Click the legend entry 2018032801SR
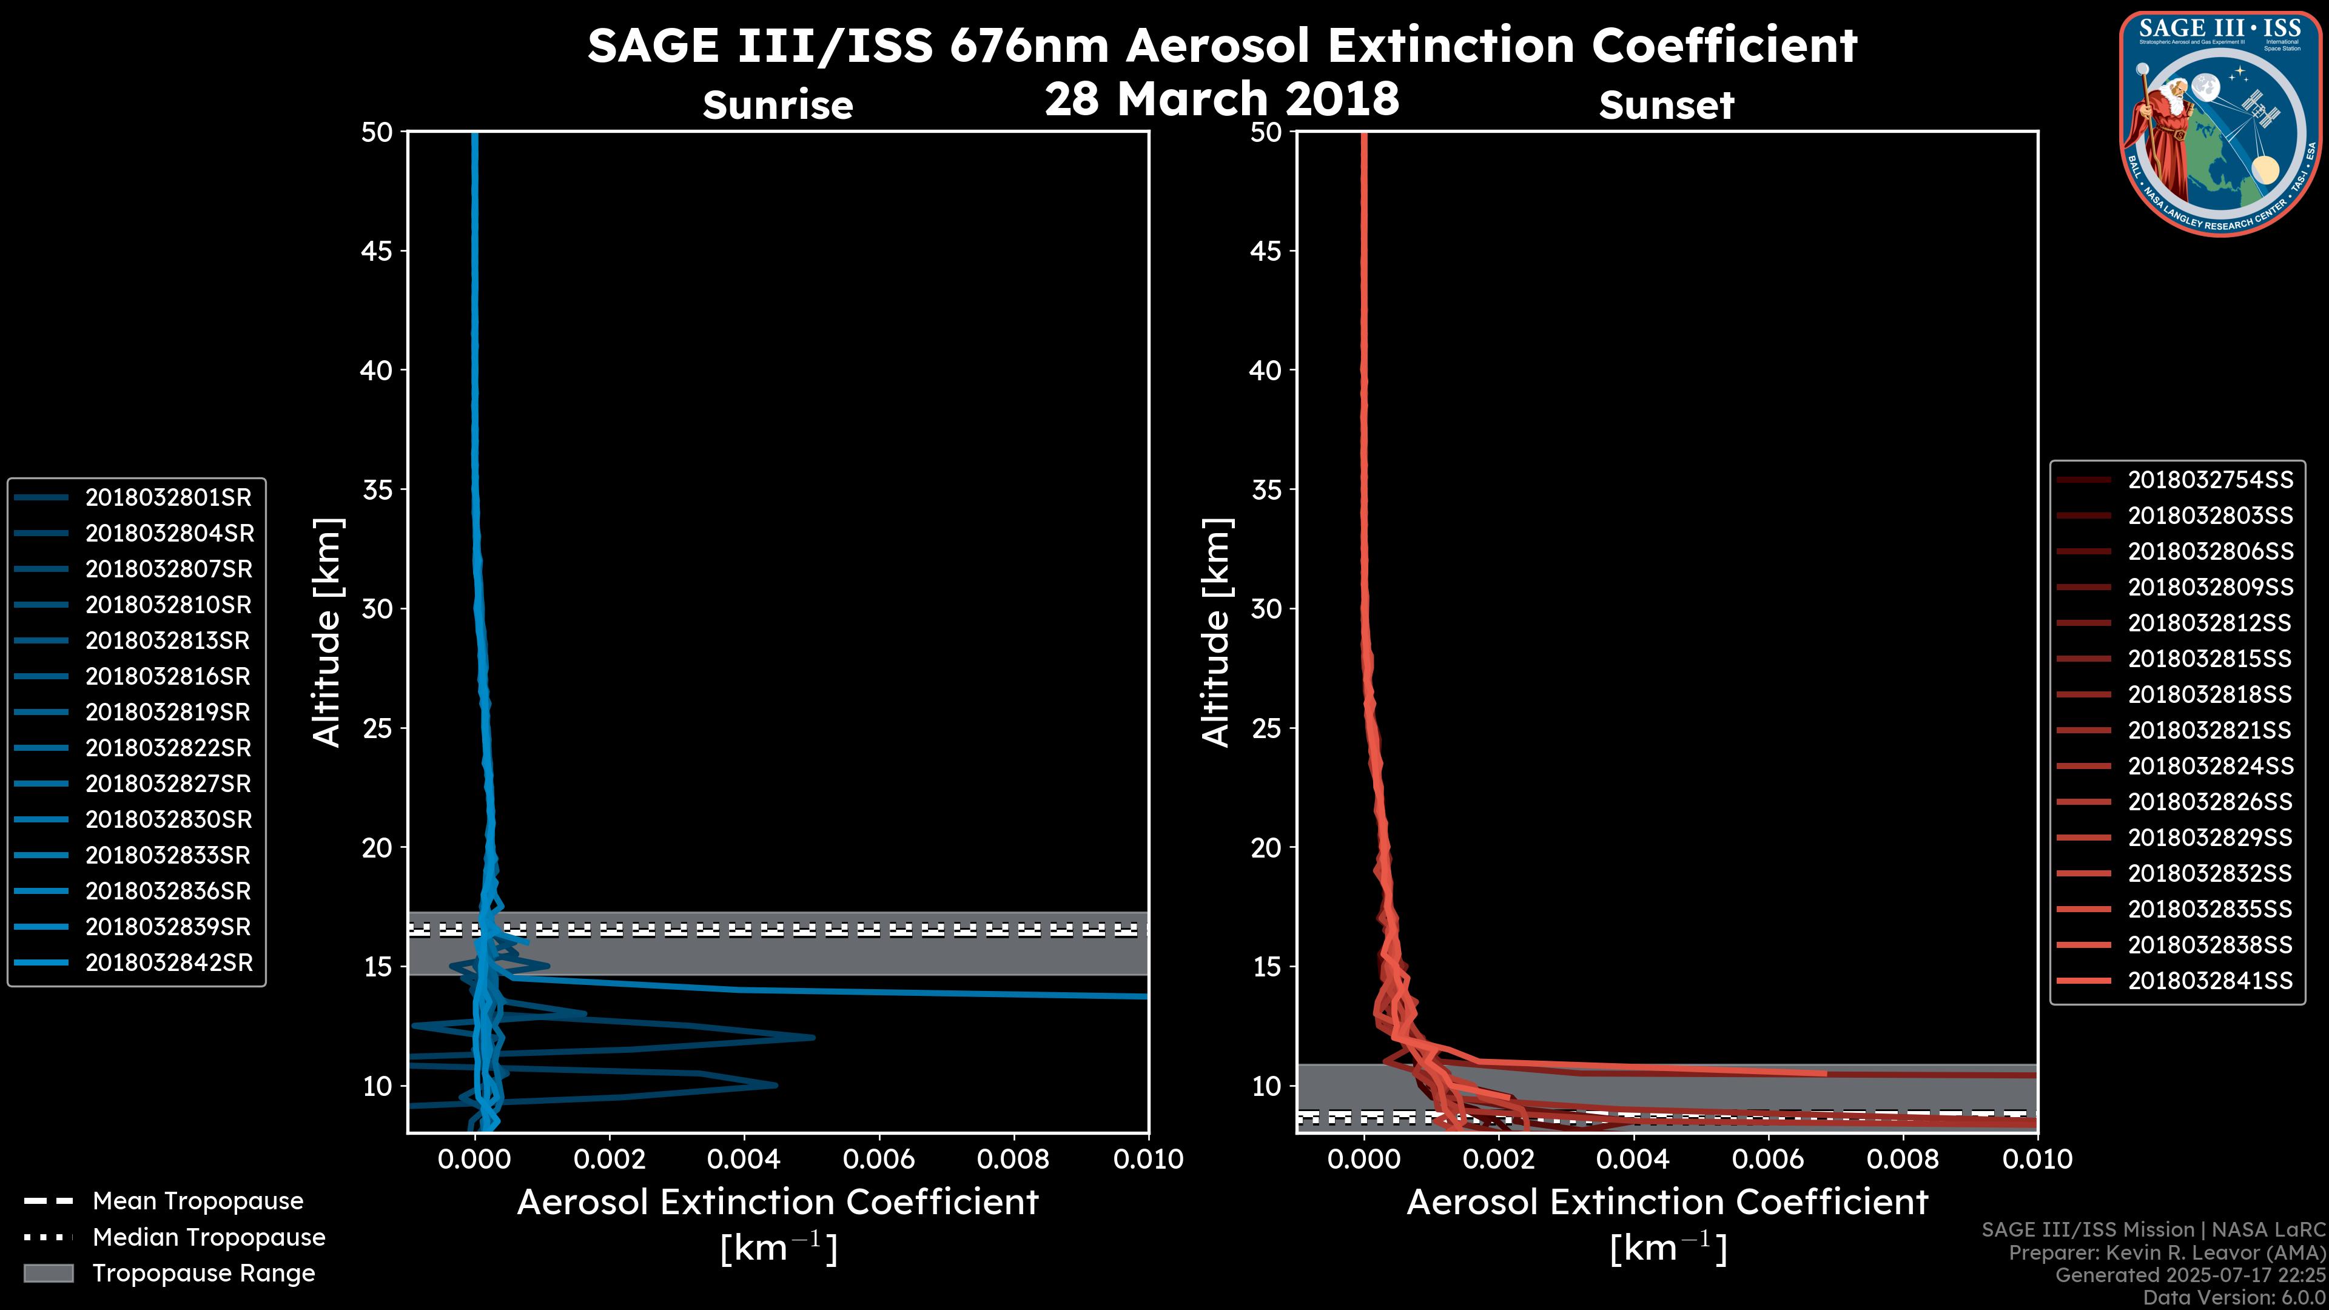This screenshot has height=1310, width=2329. pos(168,497)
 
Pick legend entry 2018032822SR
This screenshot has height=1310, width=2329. pos(168,748)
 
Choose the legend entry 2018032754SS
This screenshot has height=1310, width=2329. pos(2210,480)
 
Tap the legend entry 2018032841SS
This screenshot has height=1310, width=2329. pos(2210,981)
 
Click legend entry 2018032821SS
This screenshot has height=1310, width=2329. pos(2209,730)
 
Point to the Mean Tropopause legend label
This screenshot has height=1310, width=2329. pos(198,1201)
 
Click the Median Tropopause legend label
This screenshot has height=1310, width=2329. pos(209,1238)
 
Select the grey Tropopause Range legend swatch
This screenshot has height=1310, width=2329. pos(49,1274)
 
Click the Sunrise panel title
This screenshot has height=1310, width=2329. pos(778,106)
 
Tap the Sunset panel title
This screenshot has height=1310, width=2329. pos(1666,106)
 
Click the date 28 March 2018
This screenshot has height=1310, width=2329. pos(1222,98)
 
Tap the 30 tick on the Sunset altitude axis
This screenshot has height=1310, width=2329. pos(1266,610)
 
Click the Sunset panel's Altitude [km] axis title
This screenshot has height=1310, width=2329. pos(1217,633)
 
